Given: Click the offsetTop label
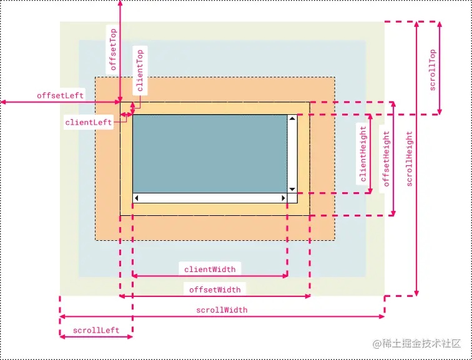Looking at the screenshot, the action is click(x=114, y=49).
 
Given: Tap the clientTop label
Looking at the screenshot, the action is click(x=140, y=71).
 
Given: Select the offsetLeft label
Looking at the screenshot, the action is click(x=60, y=95).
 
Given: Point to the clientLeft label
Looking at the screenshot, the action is click(x=89, y=122).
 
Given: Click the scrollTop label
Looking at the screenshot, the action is click(x=433, y=70).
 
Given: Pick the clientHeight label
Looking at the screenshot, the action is click(x=363, y=154).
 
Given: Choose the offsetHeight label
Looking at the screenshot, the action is click(x=386, y=158).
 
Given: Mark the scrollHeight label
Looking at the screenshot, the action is click(x=410, y=158).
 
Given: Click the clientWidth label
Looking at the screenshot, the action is click(x=210, y=269).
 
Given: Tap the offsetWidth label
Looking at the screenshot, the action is click(x=215, y=289).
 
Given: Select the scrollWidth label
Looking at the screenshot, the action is click(x=222, y=309).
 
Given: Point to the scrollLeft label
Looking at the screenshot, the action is click(x=96, y=330).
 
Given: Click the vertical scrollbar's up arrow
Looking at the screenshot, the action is click(x=292, y=118).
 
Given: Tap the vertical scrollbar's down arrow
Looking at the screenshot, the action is click(x=292, y=189).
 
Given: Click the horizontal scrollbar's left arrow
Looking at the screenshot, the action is click(x=136, y=198).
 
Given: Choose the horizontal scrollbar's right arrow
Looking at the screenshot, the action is click(x=283, y=198).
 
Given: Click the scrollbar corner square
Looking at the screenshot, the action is click(x=292, y=198).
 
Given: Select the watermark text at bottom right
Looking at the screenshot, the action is click(x=416, y=343).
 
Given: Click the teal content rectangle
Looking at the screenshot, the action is click(x=210, y=153).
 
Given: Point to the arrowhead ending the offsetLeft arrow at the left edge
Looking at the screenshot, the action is click(x=4, y=102).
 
